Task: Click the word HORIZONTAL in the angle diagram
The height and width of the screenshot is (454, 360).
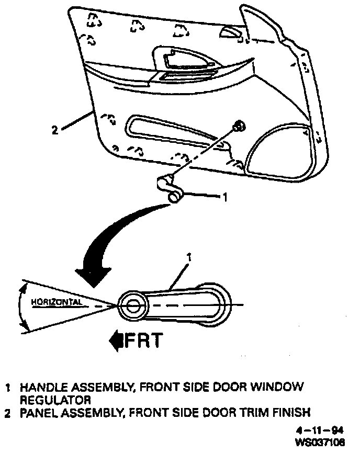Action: (x=57, y=302)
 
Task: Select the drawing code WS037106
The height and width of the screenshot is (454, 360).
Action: (x=320, y=442)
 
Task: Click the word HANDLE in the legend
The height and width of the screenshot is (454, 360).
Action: (x=42, y=388)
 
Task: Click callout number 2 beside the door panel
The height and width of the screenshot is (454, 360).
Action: (x=55, y=130)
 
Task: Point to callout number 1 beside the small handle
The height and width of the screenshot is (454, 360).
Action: (x=225, y=197)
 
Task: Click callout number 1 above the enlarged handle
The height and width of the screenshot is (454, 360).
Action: (x=189, y=257)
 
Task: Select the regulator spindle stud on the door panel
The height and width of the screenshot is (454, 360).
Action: (x=239, y=126)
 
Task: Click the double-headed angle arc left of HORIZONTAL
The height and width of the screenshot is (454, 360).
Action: (x=20, y=305)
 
